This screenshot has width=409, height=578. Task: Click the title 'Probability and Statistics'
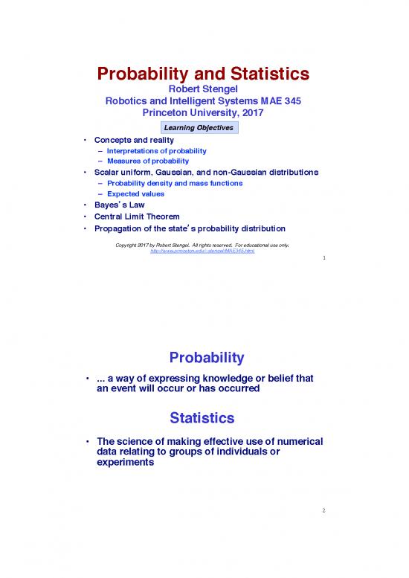point(203,76)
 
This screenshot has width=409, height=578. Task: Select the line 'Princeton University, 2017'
point(203,114)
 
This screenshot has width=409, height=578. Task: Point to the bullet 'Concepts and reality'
point(134,140)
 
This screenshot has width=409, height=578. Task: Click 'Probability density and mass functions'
point(174,182)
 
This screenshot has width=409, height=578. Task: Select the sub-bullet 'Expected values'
point(136,193)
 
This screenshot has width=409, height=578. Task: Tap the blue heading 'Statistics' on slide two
point(203,414)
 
